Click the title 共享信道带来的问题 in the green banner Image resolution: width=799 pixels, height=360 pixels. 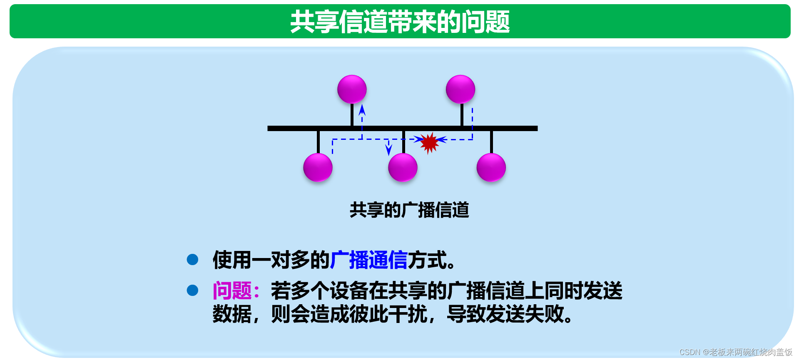point(400,22)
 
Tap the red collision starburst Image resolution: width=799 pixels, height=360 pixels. point(429,143)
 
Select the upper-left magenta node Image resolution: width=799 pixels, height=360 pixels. point(352,89)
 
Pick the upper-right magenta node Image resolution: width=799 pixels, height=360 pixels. point(460,89)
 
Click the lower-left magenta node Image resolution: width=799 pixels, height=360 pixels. point(318,167)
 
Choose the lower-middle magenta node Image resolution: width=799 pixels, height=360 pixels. point(403,167)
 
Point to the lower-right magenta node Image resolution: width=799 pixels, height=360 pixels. point(491,167)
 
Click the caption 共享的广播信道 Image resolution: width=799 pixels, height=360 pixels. point(409,210)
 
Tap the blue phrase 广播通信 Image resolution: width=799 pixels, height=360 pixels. point(369,260)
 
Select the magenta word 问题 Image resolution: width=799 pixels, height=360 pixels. point(232,290)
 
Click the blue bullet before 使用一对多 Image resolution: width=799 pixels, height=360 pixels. point(192,260)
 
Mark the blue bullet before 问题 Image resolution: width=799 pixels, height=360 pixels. point(192,290)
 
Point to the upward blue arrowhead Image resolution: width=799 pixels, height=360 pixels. point(362,110)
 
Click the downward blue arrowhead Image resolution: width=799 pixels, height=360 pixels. point(388,150)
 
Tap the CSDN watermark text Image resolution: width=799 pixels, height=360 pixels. point(736,352)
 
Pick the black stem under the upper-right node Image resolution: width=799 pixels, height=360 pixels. point(462,115)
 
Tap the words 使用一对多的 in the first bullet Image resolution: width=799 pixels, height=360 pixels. point(271,260)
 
